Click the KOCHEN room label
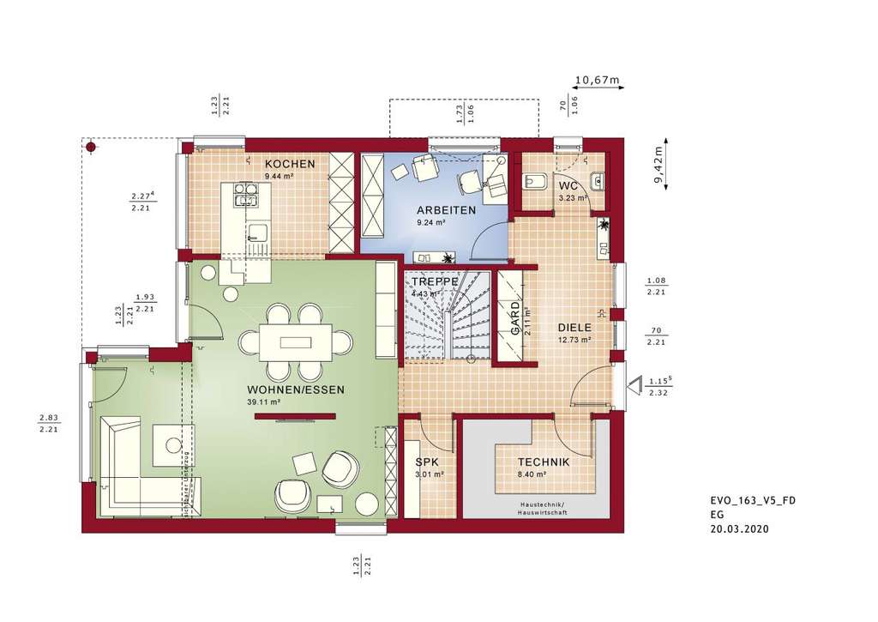[290, 164]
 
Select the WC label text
[568, 185]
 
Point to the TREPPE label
[433, 282]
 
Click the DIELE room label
[574, 327]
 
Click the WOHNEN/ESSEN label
[296, 389]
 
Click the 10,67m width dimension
[596, 80]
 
